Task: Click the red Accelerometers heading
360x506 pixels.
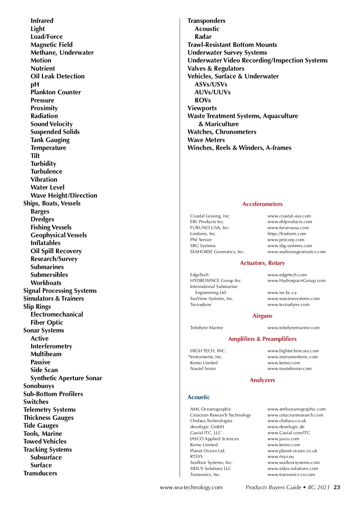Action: [262, 204]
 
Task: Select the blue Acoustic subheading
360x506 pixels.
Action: [199, 397]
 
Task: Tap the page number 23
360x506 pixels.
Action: [337, 487]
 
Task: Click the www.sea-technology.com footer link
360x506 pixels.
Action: [191, 487]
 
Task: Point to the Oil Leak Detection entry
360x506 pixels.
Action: [58, 76]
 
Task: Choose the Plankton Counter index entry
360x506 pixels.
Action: [55, 92]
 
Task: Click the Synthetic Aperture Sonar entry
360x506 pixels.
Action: [66, 378]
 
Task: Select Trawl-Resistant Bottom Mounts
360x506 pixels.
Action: [232, 45]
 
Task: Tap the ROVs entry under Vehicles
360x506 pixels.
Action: [203, 100]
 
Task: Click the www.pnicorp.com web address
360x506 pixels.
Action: [286, 240]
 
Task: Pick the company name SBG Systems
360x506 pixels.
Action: [203, 246]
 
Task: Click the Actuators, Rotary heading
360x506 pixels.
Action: [262, 263]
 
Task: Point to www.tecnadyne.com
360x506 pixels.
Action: [288, 305]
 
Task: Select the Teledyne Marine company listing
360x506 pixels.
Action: [206, 328]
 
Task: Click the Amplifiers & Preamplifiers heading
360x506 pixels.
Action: [262, 339]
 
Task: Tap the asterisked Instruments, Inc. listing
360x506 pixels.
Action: [205, 357]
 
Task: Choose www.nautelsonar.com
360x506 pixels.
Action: [289, 368]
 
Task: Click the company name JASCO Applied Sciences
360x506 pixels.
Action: [214, 439]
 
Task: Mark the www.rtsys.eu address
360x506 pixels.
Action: [280, 456]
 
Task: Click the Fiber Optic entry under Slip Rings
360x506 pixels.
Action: [47, 323]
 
